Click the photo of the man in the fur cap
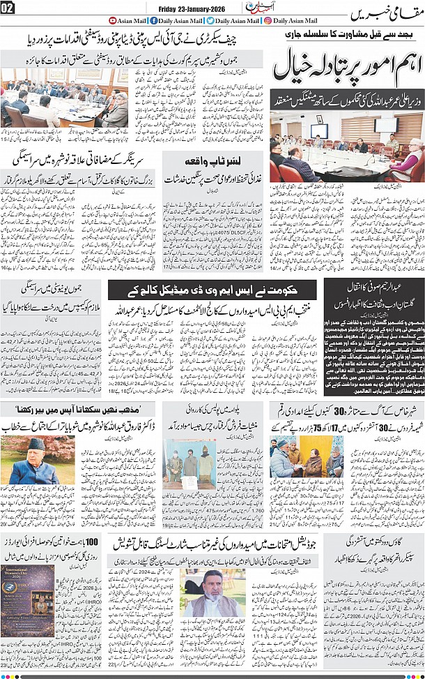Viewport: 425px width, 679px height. click(x=32, y=460)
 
